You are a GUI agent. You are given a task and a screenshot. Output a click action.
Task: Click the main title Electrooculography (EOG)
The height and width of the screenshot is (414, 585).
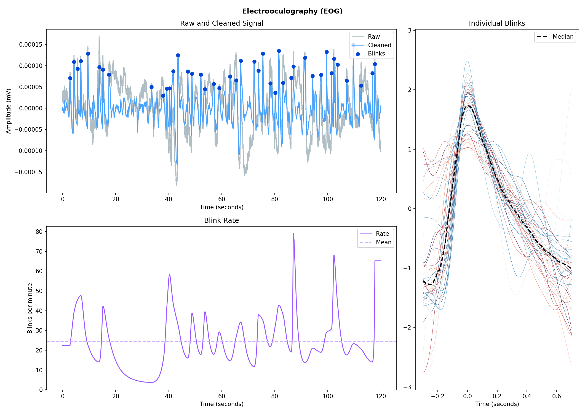(x=292, y=11)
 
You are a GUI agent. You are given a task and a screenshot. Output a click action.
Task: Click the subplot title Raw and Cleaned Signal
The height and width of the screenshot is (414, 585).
(x=221, y=23)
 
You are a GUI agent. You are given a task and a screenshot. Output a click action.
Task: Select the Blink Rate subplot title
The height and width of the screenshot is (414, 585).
(x=221, y=220)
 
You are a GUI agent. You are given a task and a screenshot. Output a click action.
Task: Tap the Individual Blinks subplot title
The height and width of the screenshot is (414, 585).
(x=497, y=23)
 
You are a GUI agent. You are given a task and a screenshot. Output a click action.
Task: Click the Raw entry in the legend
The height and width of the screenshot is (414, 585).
(x=374, y=37)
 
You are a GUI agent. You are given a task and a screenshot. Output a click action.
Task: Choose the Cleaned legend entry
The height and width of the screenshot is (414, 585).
(x=379, y=45)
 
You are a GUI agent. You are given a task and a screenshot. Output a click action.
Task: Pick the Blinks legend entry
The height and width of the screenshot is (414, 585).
(x=376, y=54)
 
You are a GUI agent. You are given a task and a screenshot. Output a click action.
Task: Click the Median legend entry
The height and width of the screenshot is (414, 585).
(x=563, y=37)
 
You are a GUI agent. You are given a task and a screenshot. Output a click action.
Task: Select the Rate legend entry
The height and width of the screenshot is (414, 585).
(x=382, y=234)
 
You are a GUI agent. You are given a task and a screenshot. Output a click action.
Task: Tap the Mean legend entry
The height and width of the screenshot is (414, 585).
(x=383, y=242)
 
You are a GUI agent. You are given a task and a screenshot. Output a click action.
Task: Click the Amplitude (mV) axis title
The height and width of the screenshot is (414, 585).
(x=9, y=111)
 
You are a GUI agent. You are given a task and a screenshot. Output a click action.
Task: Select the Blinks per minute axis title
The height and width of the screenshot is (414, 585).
(x=30, y=308)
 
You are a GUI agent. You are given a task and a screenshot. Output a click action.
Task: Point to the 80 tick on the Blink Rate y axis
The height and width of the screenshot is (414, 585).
(x=39, y=232)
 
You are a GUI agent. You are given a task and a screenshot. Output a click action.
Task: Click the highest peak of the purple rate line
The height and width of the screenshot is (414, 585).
(x=293, y=234)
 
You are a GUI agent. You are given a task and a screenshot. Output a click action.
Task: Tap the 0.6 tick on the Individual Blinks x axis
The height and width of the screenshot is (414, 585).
(x=556, y=396)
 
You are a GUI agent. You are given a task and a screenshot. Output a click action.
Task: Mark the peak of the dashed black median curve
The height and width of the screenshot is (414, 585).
(x=468, y=106)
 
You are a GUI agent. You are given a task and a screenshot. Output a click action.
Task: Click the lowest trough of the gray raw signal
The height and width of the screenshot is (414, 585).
(x=176, y=185)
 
